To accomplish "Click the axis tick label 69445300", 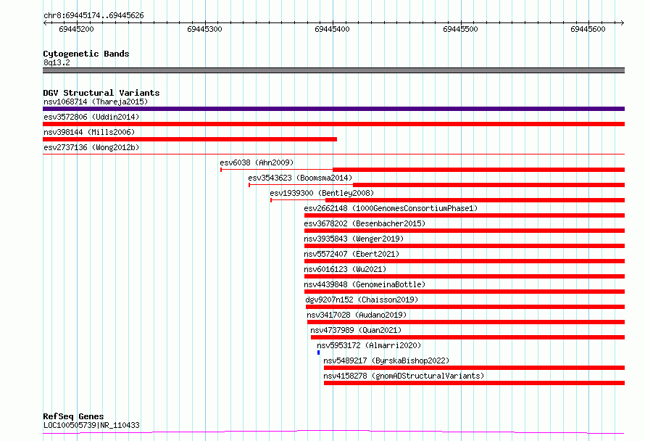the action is (x=204, y=29).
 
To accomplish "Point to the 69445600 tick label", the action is (x=588, y=29).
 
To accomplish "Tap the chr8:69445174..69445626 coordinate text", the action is (x=93, y=16).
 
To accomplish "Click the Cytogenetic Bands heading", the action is (x=86, y=54).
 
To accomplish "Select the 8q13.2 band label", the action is (x=57, y=62).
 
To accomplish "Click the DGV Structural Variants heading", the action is (x=101, y=93).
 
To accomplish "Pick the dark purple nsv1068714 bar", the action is (x=333, y=109).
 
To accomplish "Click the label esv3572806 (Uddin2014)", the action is (x=91, y=117).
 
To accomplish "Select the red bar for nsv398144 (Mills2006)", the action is (x=190, y=139).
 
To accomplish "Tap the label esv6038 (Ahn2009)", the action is (x=257, y=162).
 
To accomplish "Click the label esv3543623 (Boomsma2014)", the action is (x=300, y=178).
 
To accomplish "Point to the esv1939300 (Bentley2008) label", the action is (x=322, y=193).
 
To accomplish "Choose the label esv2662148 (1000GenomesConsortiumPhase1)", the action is (x=391, y=208).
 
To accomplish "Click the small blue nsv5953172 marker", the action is (x=318, y=353).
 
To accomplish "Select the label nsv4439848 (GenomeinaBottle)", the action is (x=365, y=284).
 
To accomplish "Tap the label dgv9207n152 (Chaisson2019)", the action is (x=362, y=300).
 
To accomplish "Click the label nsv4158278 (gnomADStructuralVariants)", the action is (x=404, y=376).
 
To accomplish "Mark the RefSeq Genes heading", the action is (x=73, y=416).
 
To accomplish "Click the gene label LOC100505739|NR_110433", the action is (x=91, y=425).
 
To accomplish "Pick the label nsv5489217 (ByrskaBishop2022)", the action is (x=386, y=360).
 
